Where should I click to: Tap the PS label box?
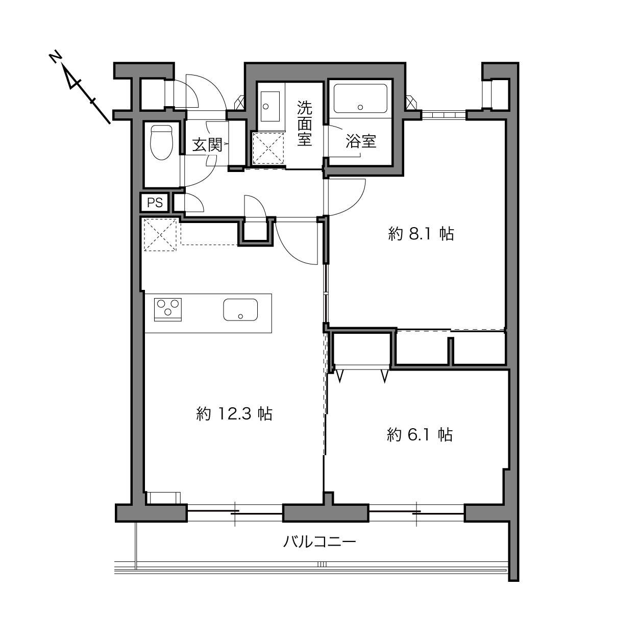click(x=155, y=202)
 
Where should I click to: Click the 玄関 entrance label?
click(x=207, y=144)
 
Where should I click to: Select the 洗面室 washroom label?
click(x=304, y=124)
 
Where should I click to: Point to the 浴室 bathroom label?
click(x=361, y=141)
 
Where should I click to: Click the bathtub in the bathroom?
click(x=360, y=99)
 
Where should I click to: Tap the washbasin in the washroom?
click(x=270, y=106)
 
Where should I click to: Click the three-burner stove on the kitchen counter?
click(x=168, y=310)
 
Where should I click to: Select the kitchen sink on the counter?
click(x=240, y=310)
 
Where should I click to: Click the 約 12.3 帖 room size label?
click(x=234, y=414)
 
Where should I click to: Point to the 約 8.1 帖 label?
click(x=421, y=234)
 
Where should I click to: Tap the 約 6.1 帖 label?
click(x=420, y=434)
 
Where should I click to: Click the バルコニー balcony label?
click(x=319, y=542)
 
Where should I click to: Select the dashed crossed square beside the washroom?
click(x=268, y=148)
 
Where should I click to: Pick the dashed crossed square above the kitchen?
click(x=160, y=235)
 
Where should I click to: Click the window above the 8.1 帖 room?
click(x=444, y=115)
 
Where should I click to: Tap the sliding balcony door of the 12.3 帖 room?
click(x=235, y=513)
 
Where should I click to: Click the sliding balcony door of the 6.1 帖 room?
click(x=416, y=513)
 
